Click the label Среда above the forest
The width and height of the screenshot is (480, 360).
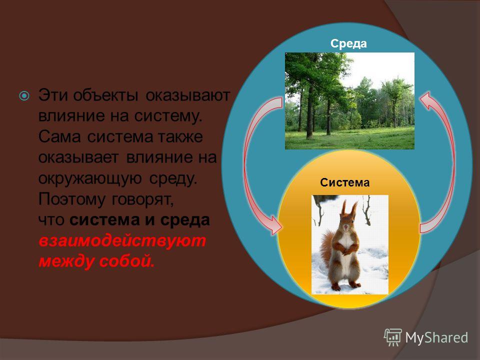coord(348,43)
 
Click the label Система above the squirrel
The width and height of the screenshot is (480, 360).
coord(344,182)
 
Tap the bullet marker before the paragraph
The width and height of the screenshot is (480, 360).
coord(24,96)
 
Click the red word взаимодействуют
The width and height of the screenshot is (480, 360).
coord(122,241)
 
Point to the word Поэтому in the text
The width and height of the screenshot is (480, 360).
coord(72,199)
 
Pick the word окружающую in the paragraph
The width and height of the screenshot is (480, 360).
coord(90,178)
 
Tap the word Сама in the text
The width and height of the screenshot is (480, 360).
coord(59,136)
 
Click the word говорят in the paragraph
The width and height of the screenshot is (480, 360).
coord(143,200)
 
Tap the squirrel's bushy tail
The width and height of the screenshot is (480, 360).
coord(326,248)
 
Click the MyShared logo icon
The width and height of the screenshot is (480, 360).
coord(392,337)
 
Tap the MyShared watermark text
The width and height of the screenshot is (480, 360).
coord(436,337)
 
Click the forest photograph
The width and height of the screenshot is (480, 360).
coord(349,101)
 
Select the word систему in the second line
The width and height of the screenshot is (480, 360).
coord(168,116)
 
